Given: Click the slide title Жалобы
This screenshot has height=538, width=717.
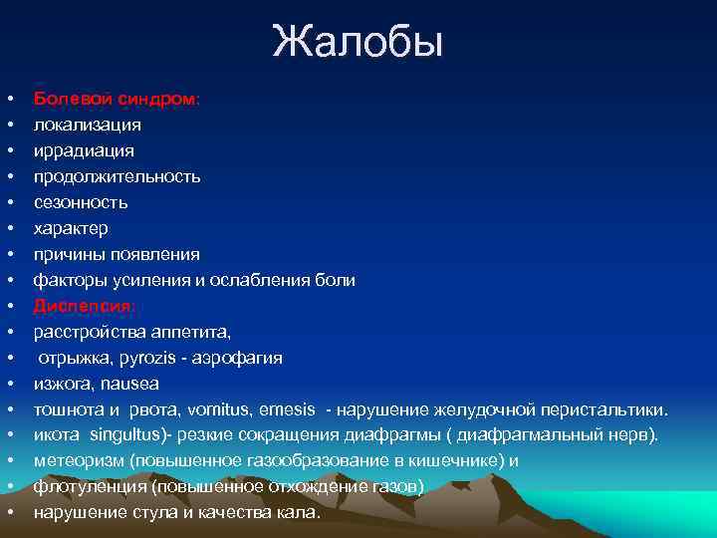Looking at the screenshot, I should [x=358, y=43].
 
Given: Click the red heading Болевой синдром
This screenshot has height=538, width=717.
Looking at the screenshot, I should [x=117, y=100].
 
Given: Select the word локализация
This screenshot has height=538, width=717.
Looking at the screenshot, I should [x=87, y=126].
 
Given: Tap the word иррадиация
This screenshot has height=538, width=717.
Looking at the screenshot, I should [x=84, y=150].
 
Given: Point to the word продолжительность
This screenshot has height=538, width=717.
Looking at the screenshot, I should [x=117, y=176].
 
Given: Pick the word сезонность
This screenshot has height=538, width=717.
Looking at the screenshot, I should [x=81, y=202].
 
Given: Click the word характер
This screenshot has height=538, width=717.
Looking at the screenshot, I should [x=71, y=228].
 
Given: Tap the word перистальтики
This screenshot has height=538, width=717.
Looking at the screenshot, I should [x=606, y=409].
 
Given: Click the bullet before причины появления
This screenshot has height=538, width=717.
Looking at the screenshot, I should [x=9, y=255].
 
